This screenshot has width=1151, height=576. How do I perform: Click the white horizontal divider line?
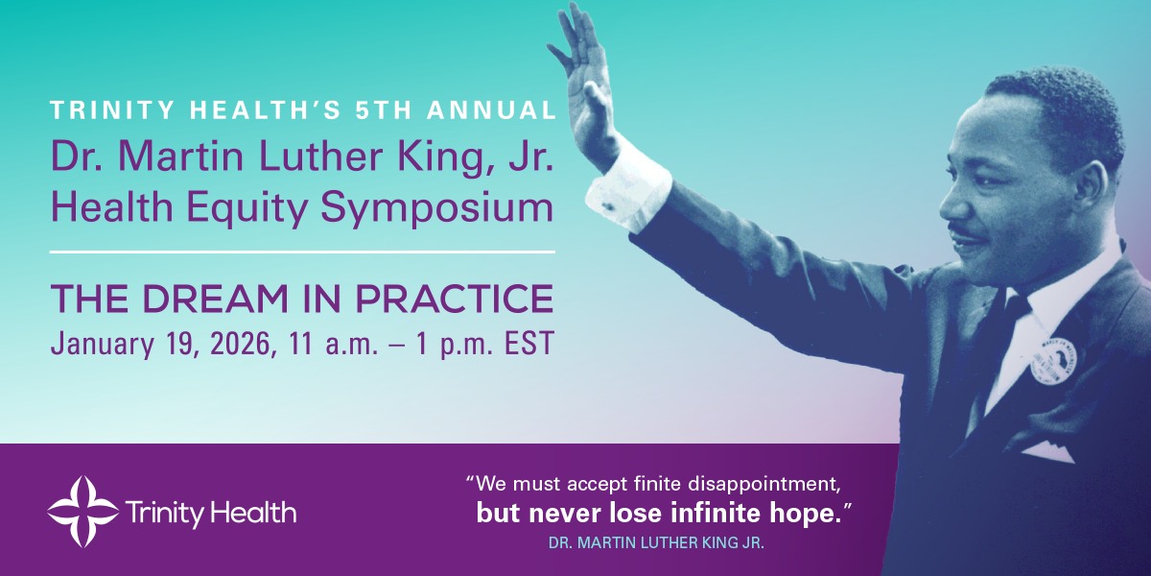tap(302, 252)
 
